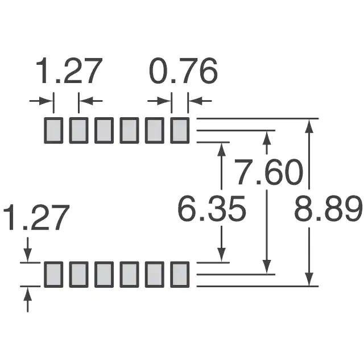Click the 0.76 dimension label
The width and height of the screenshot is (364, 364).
coord(183,71)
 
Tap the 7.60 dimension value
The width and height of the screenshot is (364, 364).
coord(269,172)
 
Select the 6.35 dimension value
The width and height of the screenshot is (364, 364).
coord(211,209)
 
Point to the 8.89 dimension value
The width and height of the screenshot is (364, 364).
coord(328,209)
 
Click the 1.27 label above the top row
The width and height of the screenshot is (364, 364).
coord(69,71)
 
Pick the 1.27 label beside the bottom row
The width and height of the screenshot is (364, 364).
coord(36,217)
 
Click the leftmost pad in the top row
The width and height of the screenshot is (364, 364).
coord(53,130)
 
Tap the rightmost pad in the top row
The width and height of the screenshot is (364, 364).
coord(180,130)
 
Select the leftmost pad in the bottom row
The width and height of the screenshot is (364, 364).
coord(53,274)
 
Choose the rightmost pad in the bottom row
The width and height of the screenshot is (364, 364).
coord(180,274)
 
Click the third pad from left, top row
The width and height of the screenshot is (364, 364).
coord(104,130)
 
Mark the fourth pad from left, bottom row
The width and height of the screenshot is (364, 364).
coord(129,274)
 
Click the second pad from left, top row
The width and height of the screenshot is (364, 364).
coord(78,130)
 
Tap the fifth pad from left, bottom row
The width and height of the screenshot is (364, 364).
coord(155,274)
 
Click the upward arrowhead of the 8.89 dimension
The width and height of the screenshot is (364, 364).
coord(309,126)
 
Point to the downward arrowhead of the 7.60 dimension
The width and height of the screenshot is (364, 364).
coord(267,267)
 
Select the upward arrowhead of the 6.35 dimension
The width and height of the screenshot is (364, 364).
coord(222,150)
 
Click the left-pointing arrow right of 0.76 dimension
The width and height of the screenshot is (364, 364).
coord(200,101)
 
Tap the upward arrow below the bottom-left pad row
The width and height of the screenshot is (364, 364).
coord(28,300)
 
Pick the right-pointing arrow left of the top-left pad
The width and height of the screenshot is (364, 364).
coord(42,101)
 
